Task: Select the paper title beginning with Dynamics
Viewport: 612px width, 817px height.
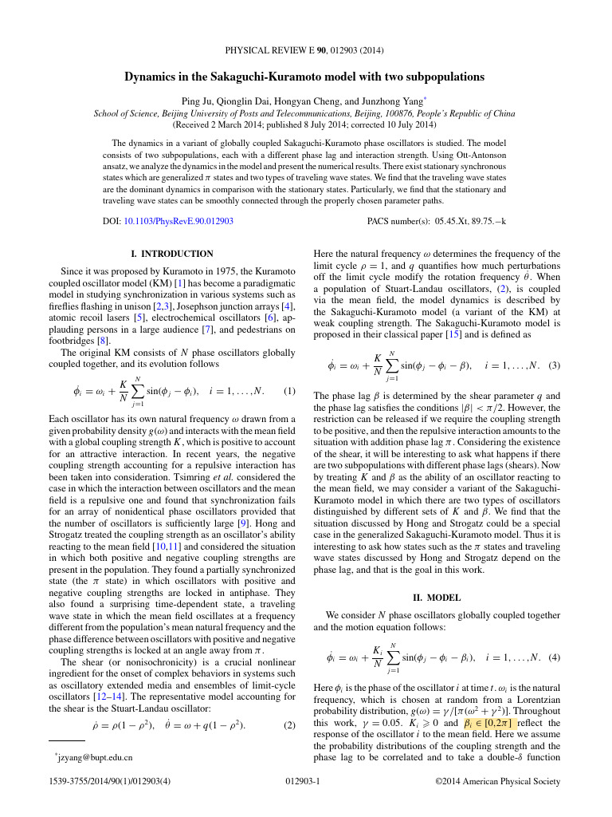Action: tap(304, 77)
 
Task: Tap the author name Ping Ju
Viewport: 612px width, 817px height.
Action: tap(200, 101)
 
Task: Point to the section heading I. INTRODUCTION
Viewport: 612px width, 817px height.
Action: tap(172, 254)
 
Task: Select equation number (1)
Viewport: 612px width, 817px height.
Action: tap(290, 392)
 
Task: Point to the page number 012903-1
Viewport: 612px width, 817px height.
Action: tap(302, 782)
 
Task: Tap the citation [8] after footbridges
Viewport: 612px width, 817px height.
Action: tap(103, 338)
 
